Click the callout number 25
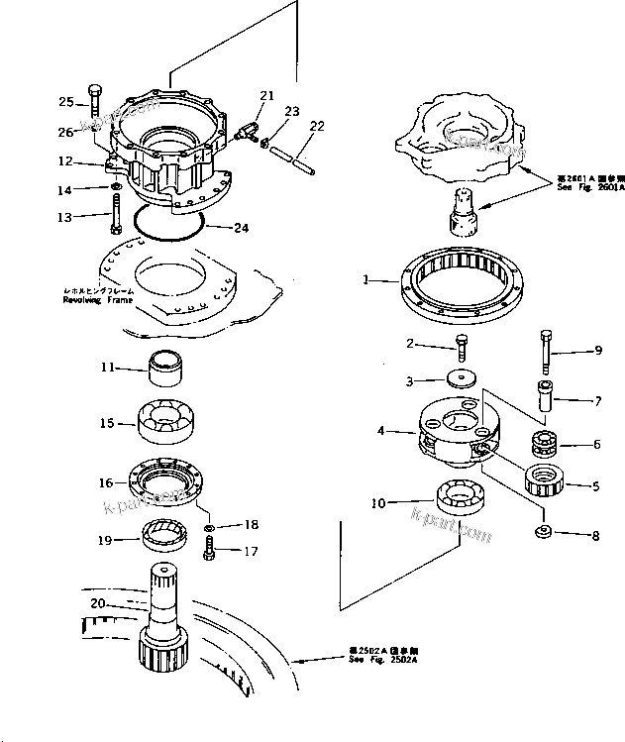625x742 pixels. [65, 102]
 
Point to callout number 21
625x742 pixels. [265, 96]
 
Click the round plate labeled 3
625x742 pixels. [460, 379]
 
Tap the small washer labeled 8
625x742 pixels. [543, 534]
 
